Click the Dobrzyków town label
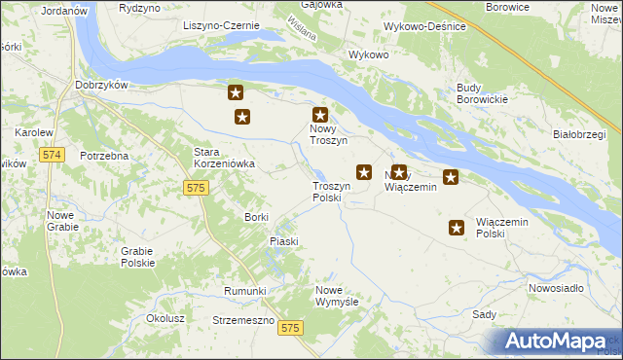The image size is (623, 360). pos(102,86)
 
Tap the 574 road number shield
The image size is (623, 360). pos(53,155)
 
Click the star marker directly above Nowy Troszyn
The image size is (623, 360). pos(319,114)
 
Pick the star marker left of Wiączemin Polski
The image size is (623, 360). pos(457,228)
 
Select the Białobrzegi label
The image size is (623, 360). pos(579,134)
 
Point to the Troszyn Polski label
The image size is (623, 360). pos(327,191)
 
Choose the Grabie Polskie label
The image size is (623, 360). pos(138,257)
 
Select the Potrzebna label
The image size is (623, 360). pos(105,157)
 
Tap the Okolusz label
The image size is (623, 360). pos(165,318)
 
